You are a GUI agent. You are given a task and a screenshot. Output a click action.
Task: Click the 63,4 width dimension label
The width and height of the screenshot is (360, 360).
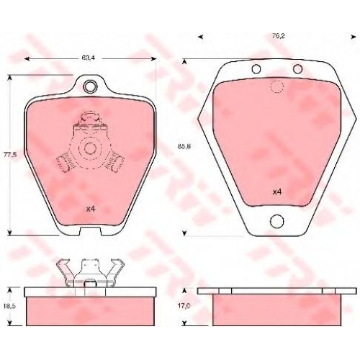pos(88,58)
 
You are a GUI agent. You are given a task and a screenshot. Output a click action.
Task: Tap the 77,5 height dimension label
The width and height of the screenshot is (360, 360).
pos(10,155)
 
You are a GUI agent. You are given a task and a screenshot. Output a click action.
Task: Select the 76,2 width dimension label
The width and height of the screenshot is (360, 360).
pos(279,36)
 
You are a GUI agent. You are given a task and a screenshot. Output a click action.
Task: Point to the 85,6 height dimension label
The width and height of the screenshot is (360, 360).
pos(184,146)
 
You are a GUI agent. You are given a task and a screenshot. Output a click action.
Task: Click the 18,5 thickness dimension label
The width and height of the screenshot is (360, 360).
pos(10,306)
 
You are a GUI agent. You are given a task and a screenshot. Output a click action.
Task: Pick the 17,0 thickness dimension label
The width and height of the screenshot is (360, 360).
pos(184,306)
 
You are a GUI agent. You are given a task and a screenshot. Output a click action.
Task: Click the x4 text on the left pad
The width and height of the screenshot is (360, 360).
pos(91,210)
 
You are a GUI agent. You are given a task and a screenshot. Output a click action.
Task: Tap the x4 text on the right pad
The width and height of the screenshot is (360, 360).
pos(277,192)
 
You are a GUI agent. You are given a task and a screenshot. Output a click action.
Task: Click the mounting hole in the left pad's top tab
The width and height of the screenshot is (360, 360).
pos(89,86)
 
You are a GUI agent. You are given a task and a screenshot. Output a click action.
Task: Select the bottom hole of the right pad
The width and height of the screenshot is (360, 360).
pos(276,220)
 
